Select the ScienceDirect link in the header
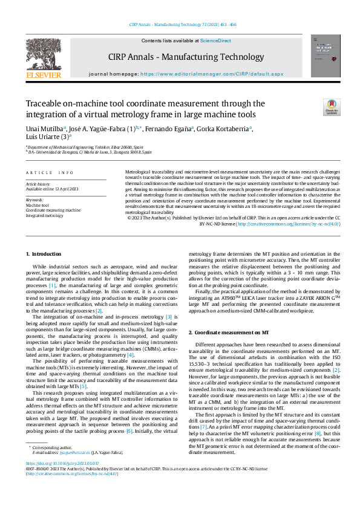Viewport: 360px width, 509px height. (215, 41)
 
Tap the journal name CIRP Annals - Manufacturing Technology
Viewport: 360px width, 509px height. (186, 57)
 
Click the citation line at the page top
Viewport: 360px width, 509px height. (182, 25)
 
